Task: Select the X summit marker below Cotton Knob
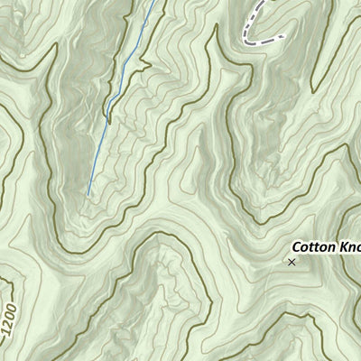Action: point(292,262)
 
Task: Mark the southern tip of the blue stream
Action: point(88,195)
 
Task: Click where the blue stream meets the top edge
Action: point(153,1)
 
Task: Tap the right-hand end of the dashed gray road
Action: point(283,36)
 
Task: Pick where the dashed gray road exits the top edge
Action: point(267,1)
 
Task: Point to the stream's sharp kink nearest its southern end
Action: point(107,115)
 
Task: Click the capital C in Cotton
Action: point(295,246)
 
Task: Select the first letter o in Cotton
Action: point(304,247)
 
